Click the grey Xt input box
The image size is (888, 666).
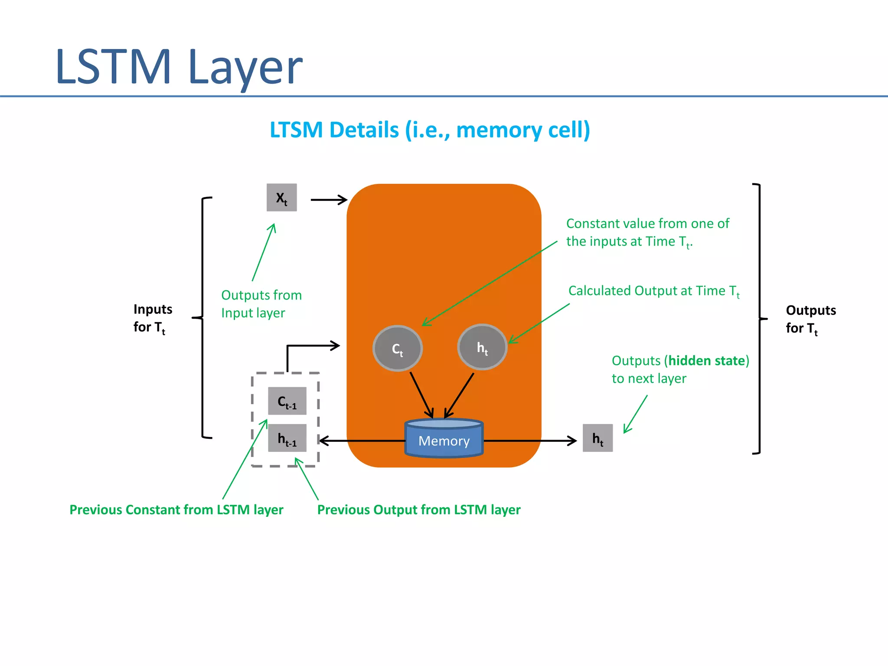281,198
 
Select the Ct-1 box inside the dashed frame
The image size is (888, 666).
287,401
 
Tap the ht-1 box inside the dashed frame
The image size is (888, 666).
287,438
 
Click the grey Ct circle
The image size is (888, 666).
397,349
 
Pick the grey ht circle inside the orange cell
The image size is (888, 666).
482,347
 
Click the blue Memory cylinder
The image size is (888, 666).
444,439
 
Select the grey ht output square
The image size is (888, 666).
597,438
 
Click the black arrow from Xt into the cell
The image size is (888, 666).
328,200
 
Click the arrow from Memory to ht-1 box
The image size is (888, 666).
362,441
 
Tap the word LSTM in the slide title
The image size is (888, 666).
114,67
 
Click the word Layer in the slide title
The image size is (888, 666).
245,67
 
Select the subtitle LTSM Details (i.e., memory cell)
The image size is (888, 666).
430,130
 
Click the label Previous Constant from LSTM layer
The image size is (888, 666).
176,509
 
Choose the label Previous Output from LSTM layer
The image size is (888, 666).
418,509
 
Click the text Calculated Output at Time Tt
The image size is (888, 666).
653,291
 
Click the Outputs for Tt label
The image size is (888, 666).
810,319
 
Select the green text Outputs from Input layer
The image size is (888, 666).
261,304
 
